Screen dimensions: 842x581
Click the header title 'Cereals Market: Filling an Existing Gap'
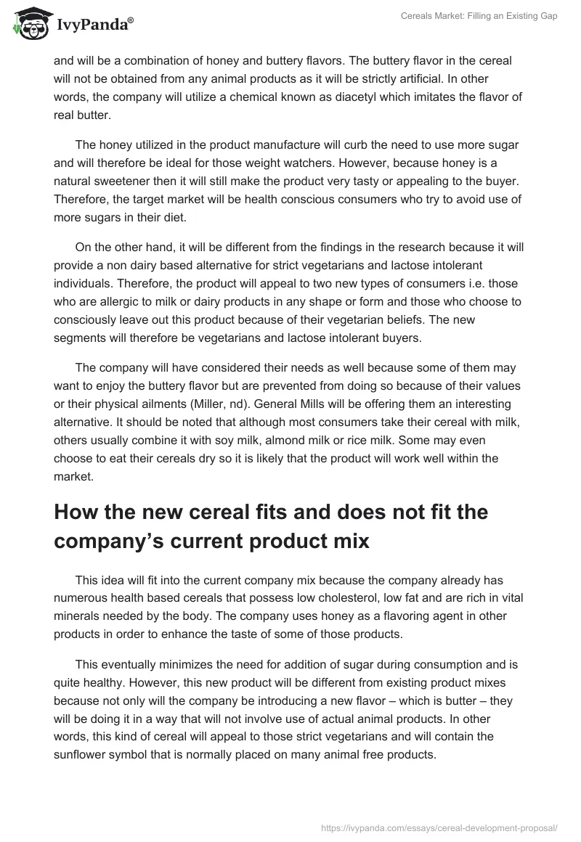(x=479, y=16)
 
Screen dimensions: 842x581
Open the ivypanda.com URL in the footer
(x=439, y=827)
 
